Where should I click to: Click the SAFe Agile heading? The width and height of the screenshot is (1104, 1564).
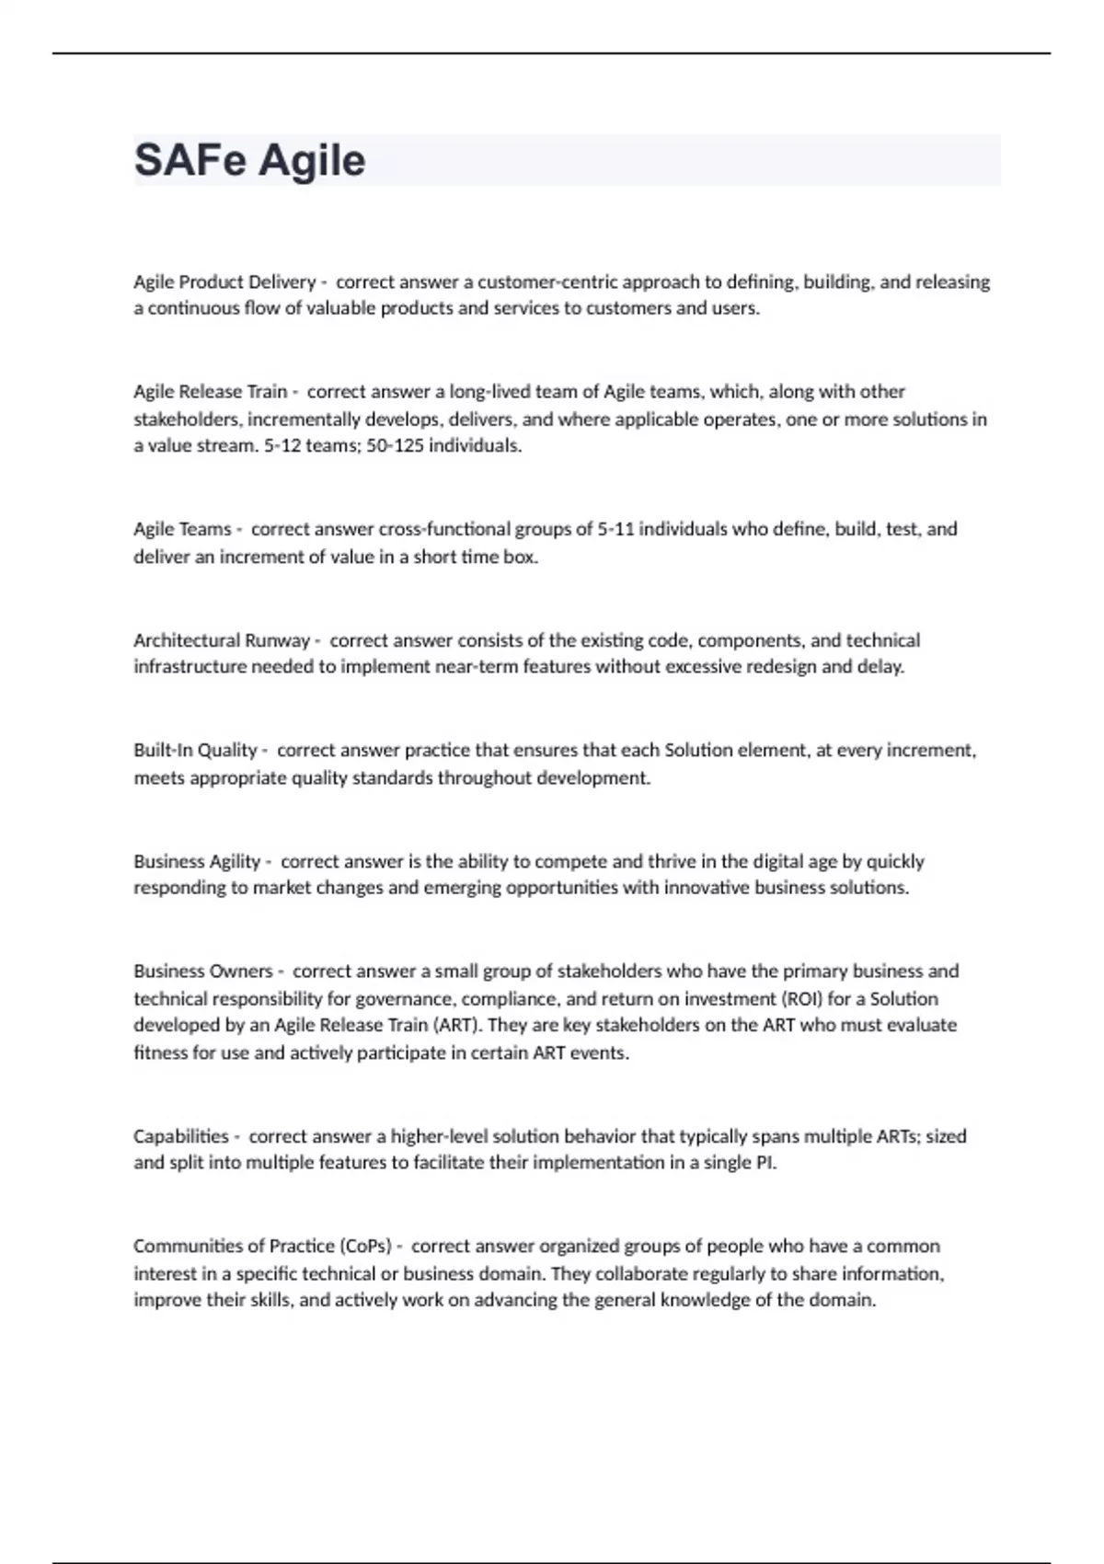pyautogui.click(x=250, y=160)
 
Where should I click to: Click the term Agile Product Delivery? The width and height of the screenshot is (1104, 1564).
pyautogui.click(x=224, y=282)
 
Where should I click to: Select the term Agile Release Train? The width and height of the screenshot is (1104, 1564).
pyautogui.click(x=211, y=392)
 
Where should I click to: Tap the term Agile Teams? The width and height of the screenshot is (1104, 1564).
pyautogui.click(x=182, y=529)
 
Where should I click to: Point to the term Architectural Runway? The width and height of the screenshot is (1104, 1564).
pyautogui.click(x=222, y=640)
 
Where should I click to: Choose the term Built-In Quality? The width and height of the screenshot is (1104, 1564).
pyautogui.click(x=195, y=751)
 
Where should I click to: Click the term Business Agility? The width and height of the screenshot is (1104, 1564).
pyautogui.click(x=197, y=862)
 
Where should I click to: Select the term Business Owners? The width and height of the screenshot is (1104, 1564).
pyautogui.click(x=203, y=972)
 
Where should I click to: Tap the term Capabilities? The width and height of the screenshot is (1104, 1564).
pyautogui.click(x=181, y=1136)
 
